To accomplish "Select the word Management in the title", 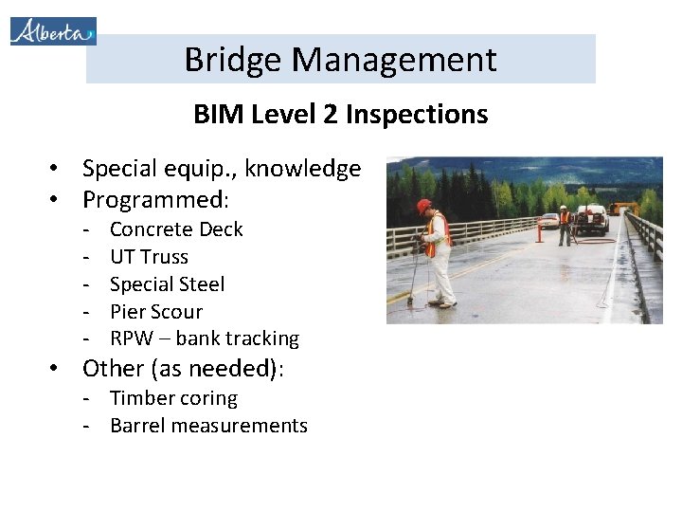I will click(394, 60).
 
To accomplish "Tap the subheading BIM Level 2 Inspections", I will click(340, 115).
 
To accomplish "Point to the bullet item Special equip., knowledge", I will click(221, 169).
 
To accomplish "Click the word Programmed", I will click(155, 200).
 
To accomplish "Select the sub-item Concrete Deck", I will click(176, 229).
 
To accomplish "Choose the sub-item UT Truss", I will click(149, 257).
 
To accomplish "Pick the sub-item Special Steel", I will click(167, 284).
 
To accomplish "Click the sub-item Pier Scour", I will click(156, 312).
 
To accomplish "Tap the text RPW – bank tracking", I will click(204, 338).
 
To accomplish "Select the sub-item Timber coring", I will click(173, 398).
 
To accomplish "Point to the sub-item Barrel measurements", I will click(208, 426).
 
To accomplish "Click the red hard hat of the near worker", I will click(423, 206).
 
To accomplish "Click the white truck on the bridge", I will click(593, 220).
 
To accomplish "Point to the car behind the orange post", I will click(548, 221).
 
